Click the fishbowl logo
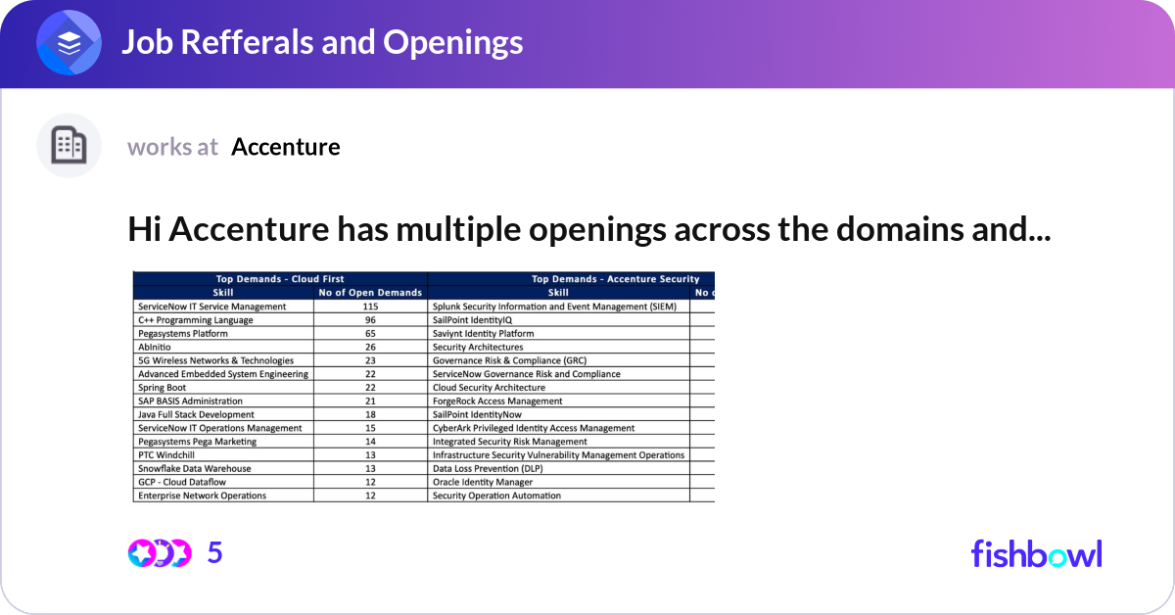click(x=1036, y=553)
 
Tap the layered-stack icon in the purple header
click(x=69, y=43)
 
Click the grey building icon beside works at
click(x=69, y=146)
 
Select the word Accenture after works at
click(x=286, y=147)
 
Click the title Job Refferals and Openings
click(x=321, y=42)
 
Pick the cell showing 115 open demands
click(x=370, y=307)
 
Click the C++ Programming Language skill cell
click(x=196, y=320)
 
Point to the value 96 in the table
click(x=370, y=320)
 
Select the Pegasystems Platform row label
click(x=185, y=334)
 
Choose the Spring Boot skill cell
click(x=163, y=388)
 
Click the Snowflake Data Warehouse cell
click(x=195, y=468)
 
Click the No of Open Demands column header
click(x=370, y=292)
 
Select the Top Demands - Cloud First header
click(x=280, y=279)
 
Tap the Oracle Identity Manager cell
click(x=483, y=482)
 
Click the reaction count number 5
click(x=215, y=553)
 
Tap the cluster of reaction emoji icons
click(x=160, y=553)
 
